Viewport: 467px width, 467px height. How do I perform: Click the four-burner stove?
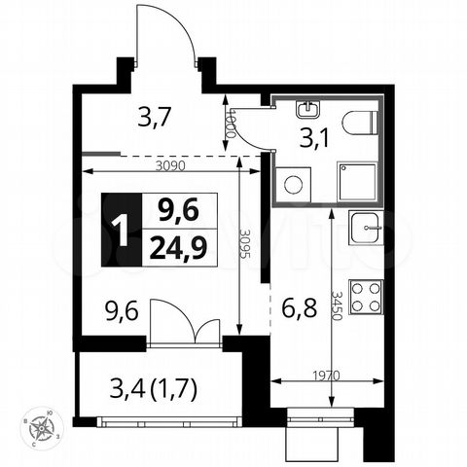(x=367, y=295)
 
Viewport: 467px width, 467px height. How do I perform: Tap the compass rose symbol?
(x=41, y=428)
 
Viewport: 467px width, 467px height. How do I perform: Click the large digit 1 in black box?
(x=120, y=230)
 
